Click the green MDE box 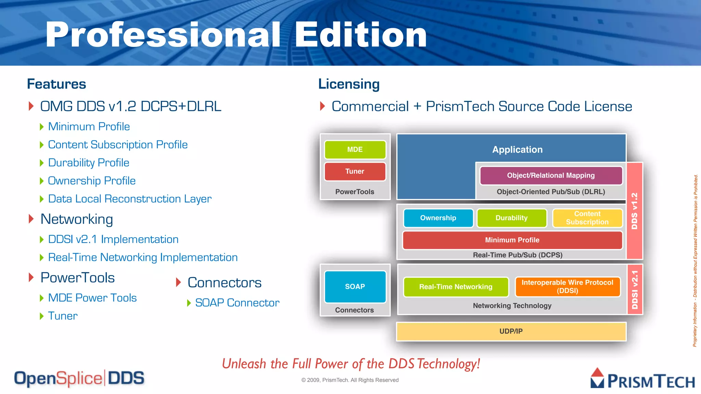(x=355, y=149)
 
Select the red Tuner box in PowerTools (x=355, y=171)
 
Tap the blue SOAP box (x=355, y=287)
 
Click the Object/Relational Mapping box (x=551, y=175)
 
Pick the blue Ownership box (x=438, y=218)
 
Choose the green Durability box (x=512, y=218)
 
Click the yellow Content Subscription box (x=587, y=218)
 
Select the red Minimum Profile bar (x=512, y=240)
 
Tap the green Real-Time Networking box (x=456, y=287)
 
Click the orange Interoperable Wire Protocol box (x=567, y=287)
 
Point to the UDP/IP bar (x=511, y=331)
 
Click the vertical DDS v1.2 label (x=635, y=211)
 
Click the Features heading (x=56, y=84)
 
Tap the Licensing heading (x=349, y=84)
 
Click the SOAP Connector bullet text (x=237, y=303)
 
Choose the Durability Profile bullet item (x=89, y=163)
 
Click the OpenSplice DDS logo (x=79, y=378)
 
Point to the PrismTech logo (x=643, y=379)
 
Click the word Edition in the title (x=361, y=35)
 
